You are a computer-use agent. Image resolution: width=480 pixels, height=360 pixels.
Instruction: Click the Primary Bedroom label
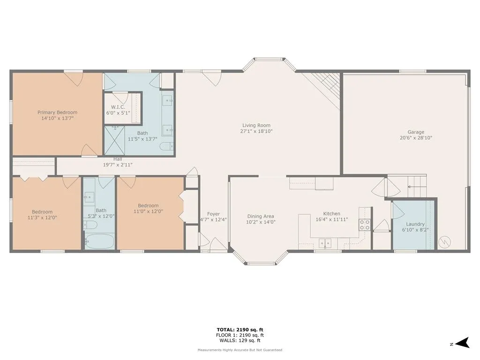click(57, 112)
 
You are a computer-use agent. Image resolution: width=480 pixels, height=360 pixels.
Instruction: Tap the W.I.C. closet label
click(118, 107)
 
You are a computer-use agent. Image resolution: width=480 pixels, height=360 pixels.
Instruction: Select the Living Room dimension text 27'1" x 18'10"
click(256, 131)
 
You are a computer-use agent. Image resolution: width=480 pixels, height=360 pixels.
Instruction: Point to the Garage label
click(416, 132)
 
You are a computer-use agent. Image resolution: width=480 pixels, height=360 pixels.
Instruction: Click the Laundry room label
click(415, 224)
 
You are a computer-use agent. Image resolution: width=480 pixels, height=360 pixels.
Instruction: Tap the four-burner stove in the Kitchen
click(364, 225)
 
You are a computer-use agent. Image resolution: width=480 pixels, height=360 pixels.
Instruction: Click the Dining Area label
click(261, 217)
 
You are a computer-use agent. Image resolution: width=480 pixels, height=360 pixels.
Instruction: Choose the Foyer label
click(213, 214)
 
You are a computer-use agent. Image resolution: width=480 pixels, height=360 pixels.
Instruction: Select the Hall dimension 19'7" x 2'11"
click(118, 165)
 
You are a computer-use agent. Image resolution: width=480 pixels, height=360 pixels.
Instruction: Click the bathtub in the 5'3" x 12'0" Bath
click(99, 242)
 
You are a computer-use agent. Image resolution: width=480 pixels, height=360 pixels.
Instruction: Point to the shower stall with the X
click(114, 141)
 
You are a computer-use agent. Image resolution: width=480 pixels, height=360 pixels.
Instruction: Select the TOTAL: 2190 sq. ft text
click(240, 330)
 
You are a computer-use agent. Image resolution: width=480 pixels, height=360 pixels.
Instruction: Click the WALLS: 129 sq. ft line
click(240, 340)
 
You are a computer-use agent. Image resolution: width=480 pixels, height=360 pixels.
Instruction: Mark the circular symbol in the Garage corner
click(444, 242)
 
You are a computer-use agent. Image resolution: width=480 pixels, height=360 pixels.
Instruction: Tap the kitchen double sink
click(325, 243)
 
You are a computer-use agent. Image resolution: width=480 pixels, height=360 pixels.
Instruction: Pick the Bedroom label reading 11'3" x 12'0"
click(42, 215)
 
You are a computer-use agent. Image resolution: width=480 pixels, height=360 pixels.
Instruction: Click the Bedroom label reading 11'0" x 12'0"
click(148, 209)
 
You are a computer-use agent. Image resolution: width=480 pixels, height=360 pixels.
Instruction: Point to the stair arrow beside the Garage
click(413, 187)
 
